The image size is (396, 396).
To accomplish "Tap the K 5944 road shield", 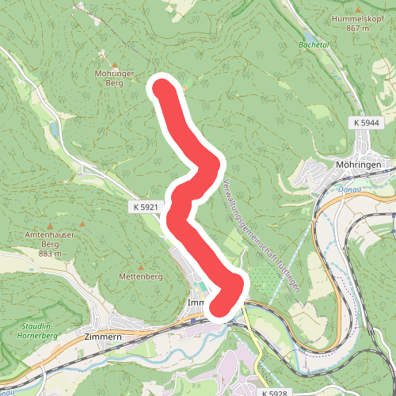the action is point(367,123).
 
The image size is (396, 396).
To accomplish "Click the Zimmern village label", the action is point(102,336).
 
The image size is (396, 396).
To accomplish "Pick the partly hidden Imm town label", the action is point(196,303).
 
